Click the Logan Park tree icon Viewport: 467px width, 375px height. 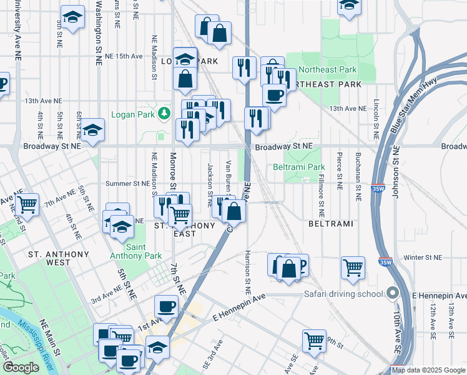(164, 113)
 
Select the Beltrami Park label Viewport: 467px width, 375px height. (299, 167)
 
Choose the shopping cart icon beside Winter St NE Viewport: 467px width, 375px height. (353, 267)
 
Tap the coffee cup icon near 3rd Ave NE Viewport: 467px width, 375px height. (166, 306)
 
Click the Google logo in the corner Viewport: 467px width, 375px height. (20, 367)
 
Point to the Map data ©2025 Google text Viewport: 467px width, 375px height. (428, 370)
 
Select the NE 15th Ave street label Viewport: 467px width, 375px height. (124, 56)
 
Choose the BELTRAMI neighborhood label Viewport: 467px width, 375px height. (331, 224)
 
